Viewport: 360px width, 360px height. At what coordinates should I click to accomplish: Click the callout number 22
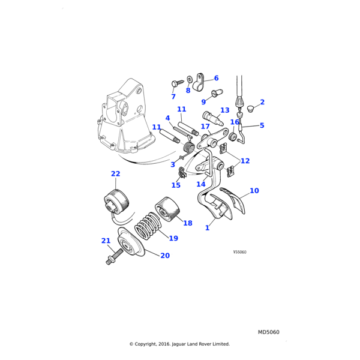tap(115, 174)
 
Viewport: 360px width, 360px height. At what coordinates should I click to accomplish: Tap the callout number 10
tap(254, 191)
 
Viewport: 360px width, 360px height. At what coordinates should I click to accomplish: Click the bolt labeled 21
tap(114, 257)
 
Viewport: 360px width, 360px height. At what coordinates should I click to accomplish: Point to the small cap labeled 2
tap(251, 109)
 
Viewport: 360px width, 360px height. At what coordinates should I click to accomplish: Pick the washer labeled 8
tap(190, 79)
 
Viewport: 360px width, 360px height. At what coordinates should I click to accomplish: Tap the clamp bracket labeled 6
tap(200, 82)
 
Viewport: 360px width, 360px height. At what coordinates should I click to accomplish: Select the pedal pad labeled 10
tap(232, 200)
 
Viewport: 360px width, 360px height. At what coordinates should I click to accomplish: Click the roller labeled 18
tap(167, 209)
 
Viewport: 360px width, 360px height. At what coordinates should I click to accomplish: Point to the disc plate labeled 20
tap(131, 242)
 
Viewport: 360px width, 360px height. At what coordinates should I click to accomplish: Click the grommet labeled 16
tap(233, 137)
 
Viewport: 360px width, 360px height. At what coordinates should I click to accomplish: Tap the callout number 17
tap(205, 127)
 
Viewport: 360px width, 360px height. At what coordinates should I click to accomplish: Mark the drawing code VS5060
tap(239, 252)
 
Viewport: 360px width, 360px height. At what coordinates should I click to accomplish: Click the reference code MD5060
tap(269, 332)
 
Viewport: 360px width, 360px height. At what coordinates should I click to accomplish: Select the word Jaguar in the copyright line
tap(179, 344)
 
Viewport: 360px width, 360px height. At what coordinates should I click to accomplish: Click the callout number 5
tap(262, 125)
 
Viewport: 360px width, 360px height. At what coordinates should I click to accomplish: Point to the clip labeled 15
tap(182, 172)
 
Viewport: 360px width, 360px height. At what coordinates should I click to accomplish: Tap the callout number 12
tap(245, 161)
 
